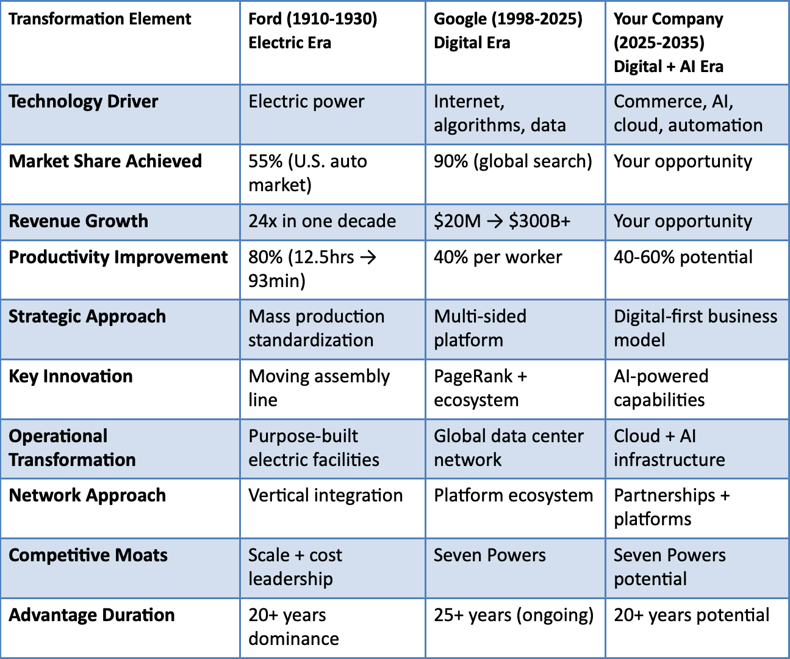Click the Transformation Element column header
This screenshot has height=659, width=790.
(x=100, y=19)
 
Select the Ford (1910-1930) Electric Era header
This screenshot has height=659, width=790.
(x=312, y=31)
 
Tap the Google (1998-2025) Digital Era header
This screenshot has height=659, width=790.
(x=508, y=31)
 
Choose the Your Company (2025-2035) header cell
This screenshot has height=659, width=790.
(x=668, y=42)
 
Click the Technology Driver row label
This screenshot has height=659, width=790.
(x=84, y=101)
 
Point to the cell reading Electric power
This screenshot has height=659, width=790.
(x=306, y=101)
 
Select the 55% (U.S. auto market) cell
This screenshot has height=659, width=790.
(x=307, y=173)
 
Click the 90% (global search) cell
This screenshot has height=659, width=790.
(x=512, y=161)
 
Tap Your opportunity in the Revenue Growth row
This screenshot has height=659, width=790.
(x=683, y=221)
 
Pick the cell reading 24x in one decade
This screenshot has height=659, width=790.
(x=322, y=221)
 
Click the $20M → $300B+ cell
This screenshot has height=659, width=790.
(x=501, y=221)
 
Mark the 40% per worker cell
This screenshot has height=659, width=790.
(x=498, y=257)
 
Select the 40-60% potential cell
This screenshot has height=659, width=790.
(x=683, y=257)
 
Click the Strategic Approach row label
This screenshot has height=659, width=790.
(x=87, y=316)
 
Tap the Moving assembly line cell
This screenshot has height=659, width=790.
(x=318, y=388)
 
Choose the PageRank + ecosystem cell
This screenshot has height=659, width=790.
(x=480, y=388)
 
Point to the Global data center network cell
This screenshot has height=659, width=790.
(x=508, y=448)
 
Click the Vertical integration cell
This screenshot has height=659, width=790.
(x=325, y=495)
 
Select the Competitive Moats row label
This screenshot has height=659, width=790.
(x=88, y=555)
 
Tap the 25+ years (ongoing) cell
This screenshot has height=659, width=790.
(x=513, y=615)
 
